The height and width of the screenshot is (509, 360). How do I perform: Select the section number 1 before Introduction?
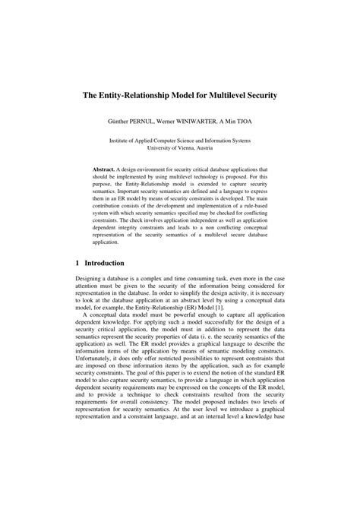click(78, 263)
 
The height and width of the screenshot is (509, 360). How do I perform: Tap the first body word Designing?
click(91, 280)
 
